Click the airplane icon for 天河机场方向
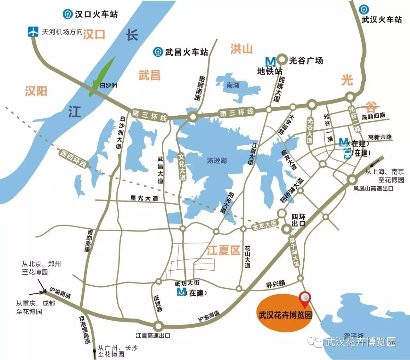33,32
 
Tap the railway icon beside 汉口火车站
68,14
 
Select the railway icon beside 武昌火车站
158,52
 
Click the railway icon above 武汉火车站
364,9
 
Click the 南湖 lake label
233,85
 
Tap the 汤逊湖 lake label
217,160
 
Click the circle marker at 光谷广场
282,59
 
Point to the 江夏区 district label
223,250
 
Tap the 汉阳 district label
36,91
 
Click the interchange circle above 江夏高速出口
158,326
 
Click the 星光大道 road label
144,198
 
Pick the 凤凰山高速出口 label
373,189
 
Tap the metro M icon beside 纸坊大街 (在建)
181,292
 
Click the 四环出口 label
298,220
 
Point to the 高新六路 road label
380,137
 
